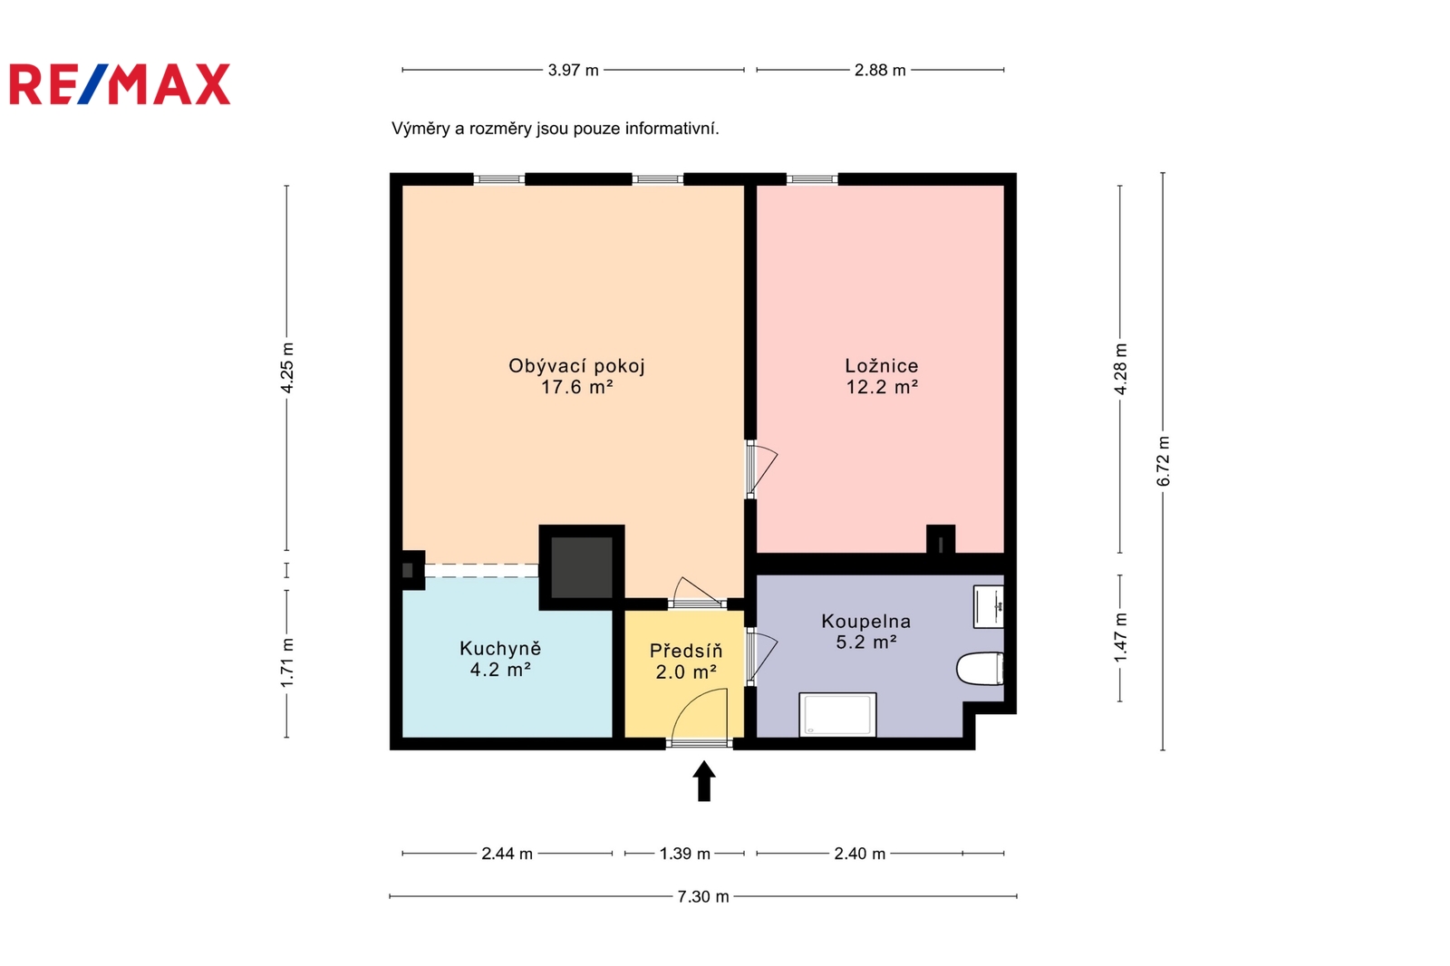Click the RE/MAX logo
click(120, 84)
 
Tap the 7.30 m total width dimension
click(703, 897)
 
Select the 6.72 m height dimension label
click(1164, 461)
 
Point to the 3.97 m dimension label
click(573, 70)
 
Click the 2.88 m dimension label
click(880, 70)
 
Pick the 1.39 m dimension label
click(685, 854)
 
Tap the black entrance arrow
click(703, 781)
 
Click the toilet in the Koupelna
click(980, 668)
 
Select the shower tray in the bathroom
click(837, 715)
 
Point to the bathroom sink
click(989, 606)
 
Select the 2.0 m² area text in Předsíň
click(686, 672)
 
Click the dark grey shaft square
click(581, 568)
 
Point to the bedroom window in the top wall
click(812, 179)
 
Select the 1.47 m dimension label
click(1120, 638)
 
